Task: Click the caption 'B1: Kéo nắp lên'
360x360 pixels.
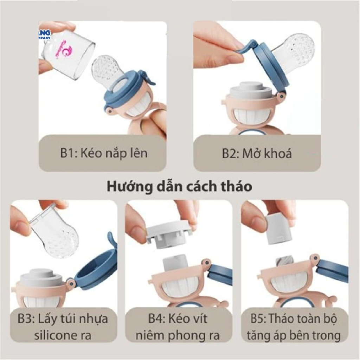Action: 103,153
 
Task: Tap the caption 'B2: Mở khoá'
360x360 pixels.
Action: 257,153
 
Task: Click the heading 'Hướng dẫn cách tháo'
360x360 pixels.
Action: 179,186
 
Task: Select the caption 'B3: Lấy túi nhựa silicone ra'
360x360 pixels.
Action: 63,327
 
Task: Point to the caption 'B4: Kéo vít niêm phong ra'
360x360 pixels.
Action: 178,327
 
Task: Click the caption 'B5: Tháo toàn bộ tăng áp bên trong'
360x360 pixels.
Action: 294,327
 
